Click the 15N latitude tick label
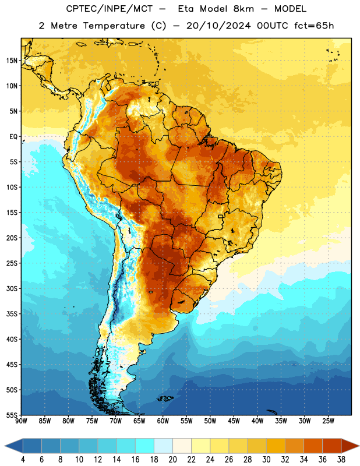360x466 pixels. click(12, 61)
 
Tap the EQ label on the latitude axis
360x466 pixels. click(13, 137)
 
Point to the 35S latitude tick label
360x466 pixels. click(12, 314)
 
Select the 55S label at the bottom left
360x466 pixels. click(12, 415)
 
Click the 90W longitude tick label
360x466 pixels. click(21, 421)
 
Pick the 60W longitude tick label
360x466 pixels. click(163, 421)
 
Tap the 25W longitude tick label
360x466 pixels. click(328, 421)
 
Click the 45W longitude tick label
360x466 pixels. click(234, 421)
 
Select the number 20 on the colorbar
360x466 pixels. click(172, 460)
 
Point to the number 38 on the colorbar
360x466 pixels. click(341, 460)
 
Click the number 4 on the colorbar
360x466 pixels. click(23, 460)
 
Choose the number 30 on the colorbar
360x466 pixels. click(266, 460)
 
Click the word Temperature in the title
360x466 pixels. click(114, 26)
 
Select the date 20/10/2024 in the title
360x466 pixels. click(218, 26)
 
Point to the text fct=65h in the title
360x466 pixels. click(314, 26)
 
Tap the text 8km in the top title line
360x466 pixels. click(243, 9)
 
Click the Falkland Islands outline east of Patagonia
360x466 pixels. click(165, 398)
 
